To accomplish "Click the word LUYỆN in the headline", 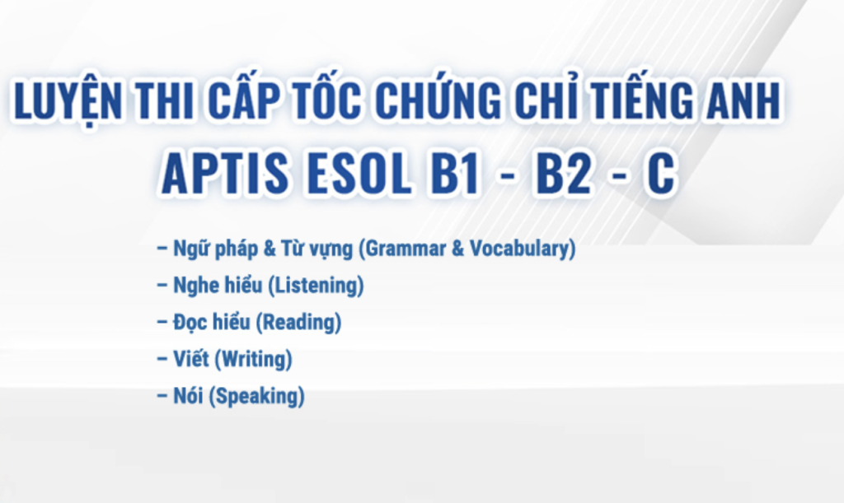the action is pyautogui.click(x=68, y=100).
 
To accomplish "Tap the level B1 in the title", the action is pyautogui.click(x=455, y=173).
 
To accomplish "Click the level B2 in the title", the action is pyautogui.click(x=562, y=173).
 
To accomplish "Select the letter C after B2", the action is pyautogui.click(x=660, y=173).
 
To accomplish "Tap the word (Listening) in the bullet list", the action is pyautogui.click(x=316, y=286).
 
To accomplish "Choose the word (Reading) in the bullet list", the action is pyautogui.click(x=298, y=323).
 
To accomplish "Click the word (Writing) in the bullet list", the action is pyautogui.click(x=253, y=359).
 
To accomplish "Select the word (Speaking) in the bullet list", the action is pyautogui.click(x=257, y=396).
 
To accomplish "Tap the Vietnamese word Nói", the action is pyautogui.click(x=188, y=395).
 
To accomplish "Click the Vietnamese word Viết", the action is pyautogui.click(x=191, y=358).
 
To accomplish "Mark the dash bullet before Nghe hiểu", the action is pyautogui.click(x=162, y=285).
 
